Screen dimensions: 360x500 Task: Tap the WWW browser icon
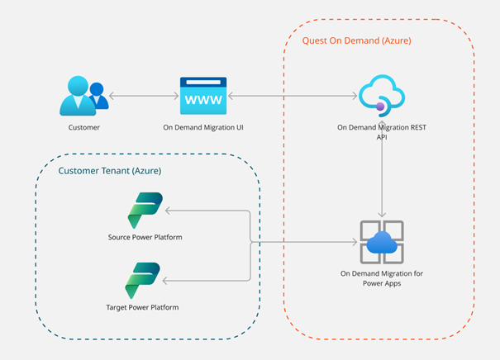pyautogui.click(x=202, y=96)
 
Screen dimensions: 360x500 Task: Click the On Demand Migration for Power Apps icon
pyautogui.click(x=381, y=241)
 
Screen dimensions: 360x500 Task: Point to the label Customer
pyautogui.click(x=83, y=129)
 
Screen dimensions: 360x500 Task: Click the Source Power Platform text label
pyautogui.click(x=145, y=238)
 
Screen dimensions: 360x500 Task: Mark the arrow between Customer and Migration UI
pyautogui.click(x=143, y=97)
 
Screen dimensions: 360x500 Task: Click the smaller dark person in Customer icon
pyautogui.click(x=98, y=92)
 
